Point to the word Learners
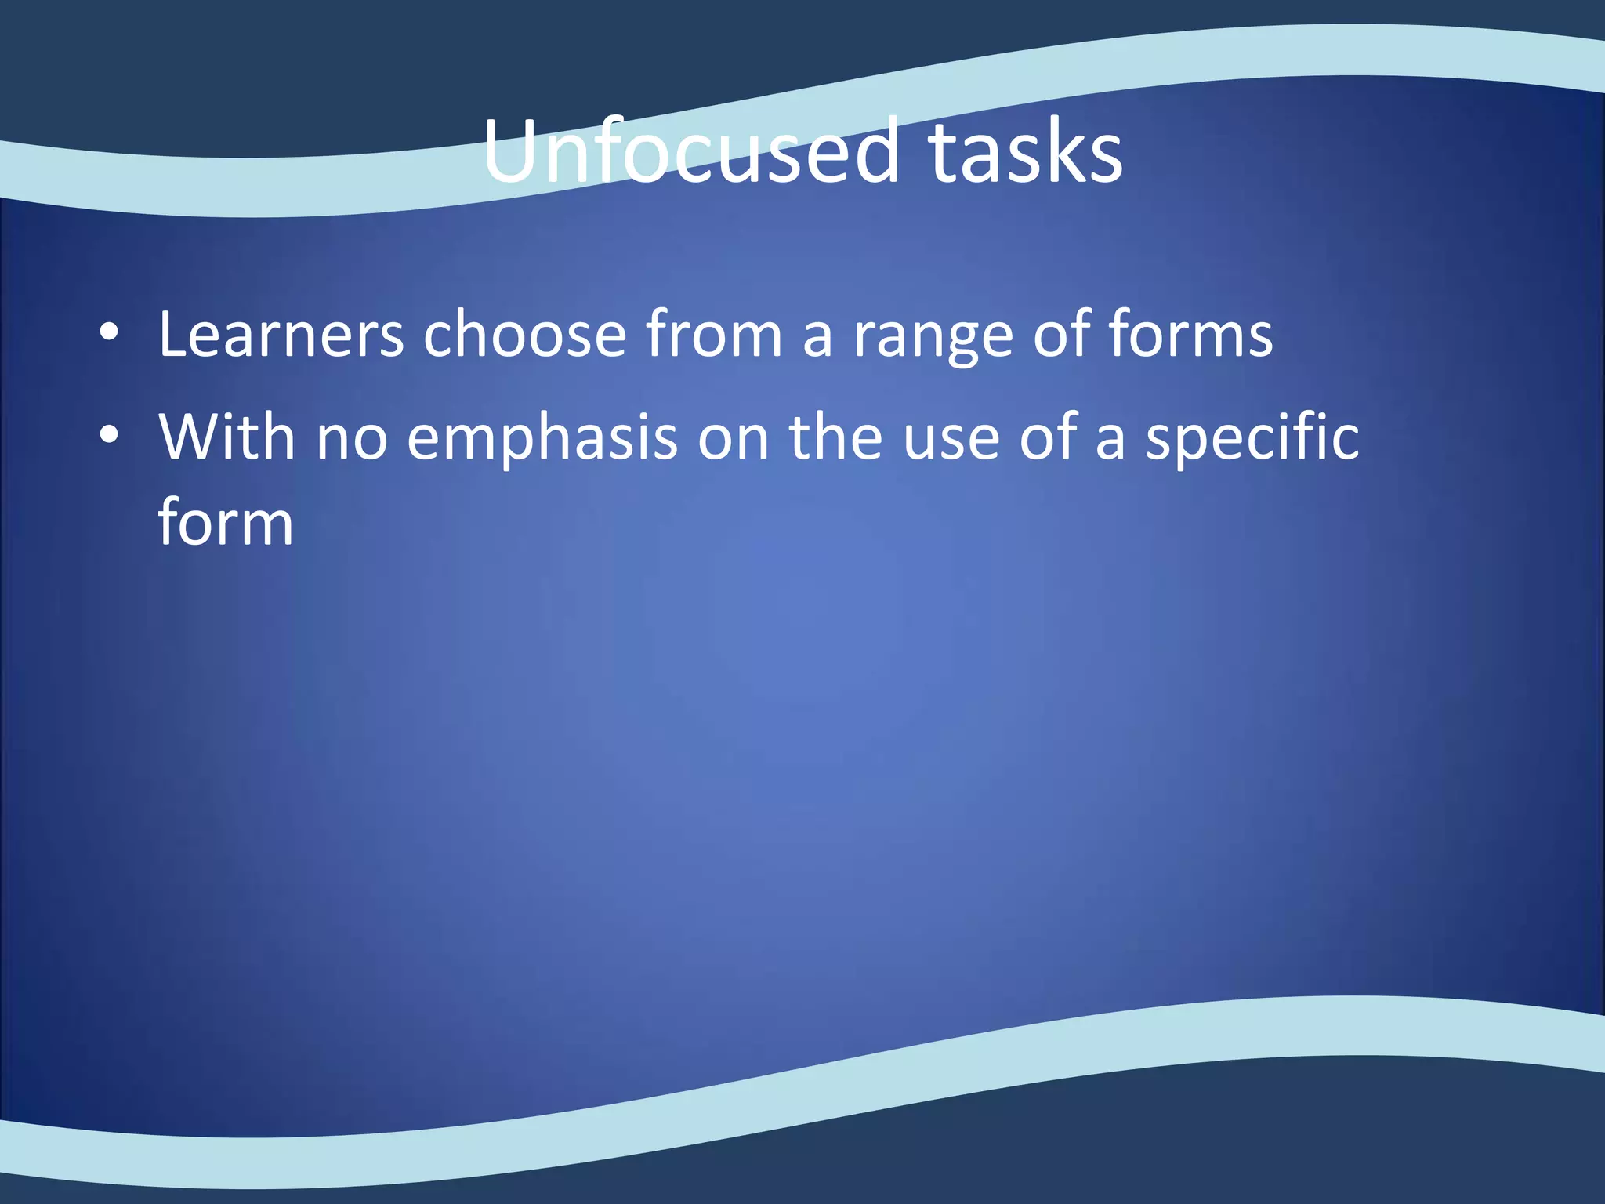pyautogui.click(x=281, y=335)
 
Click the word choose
pyautogui.click(x=524, y=335)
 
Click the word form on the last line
pyautogui.click(x=226, y=521)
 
